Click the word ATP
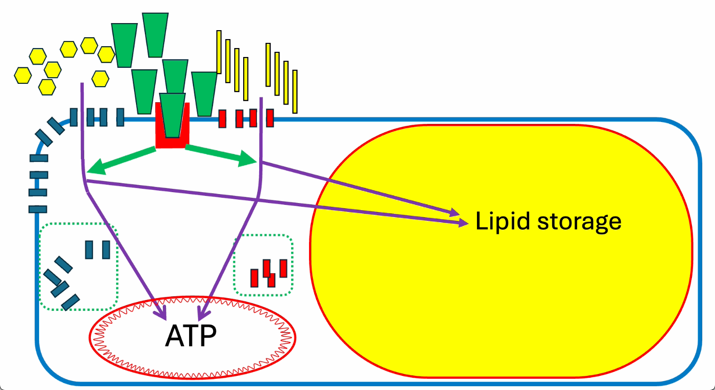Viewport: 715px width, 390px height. (191, 335)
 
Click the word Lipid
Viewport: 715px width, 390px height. (502, 221)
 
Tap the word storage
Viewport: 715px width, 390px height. (580, 221)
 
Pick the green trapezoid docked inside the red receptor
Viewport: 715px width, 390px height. (173, 114)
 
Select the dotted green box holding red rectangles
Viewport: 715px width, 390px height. (263, 265)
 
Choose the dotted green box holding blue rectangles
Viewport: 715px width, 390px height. (78, 267)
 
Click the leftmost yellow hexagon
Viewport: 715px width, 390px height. (23, 75)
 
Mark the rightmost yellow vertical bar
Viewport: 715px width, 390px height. (295, 91)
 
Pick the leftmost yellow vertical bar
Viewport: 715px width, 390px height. (219, 52)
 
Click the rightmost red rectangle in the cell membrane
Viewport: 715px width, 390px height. (270, 118)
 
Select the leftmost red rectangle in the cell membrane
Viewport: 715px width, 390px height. (222, 119)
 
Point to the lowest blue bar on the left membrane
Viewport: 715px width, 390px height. (38, 209)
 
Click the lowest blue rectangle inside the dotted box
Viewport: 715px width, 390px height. (70, 302)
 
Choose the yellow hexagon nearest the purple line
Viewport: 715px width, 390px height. (100, 78)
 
